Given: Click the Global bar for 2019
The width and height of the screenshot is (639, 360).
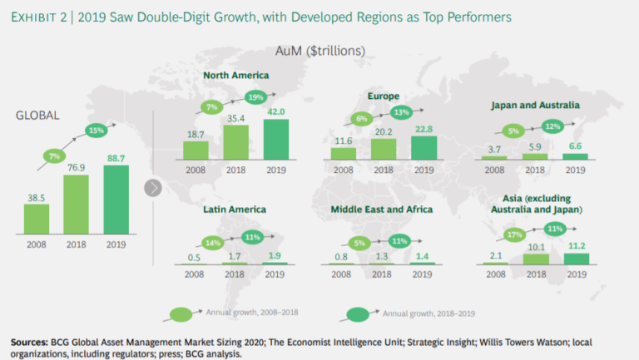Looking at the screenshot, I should (x=116, y=201).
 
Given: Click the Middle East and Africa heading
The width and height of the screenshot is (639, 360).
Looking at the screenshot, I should (x=381, y=210).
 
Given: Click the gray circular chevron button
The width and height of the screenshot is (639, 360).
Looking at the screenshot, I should (x=152, y=187).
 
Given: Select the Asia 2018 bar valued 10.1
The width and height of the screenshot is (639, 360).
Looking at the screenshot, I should (x=535, y=259).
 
